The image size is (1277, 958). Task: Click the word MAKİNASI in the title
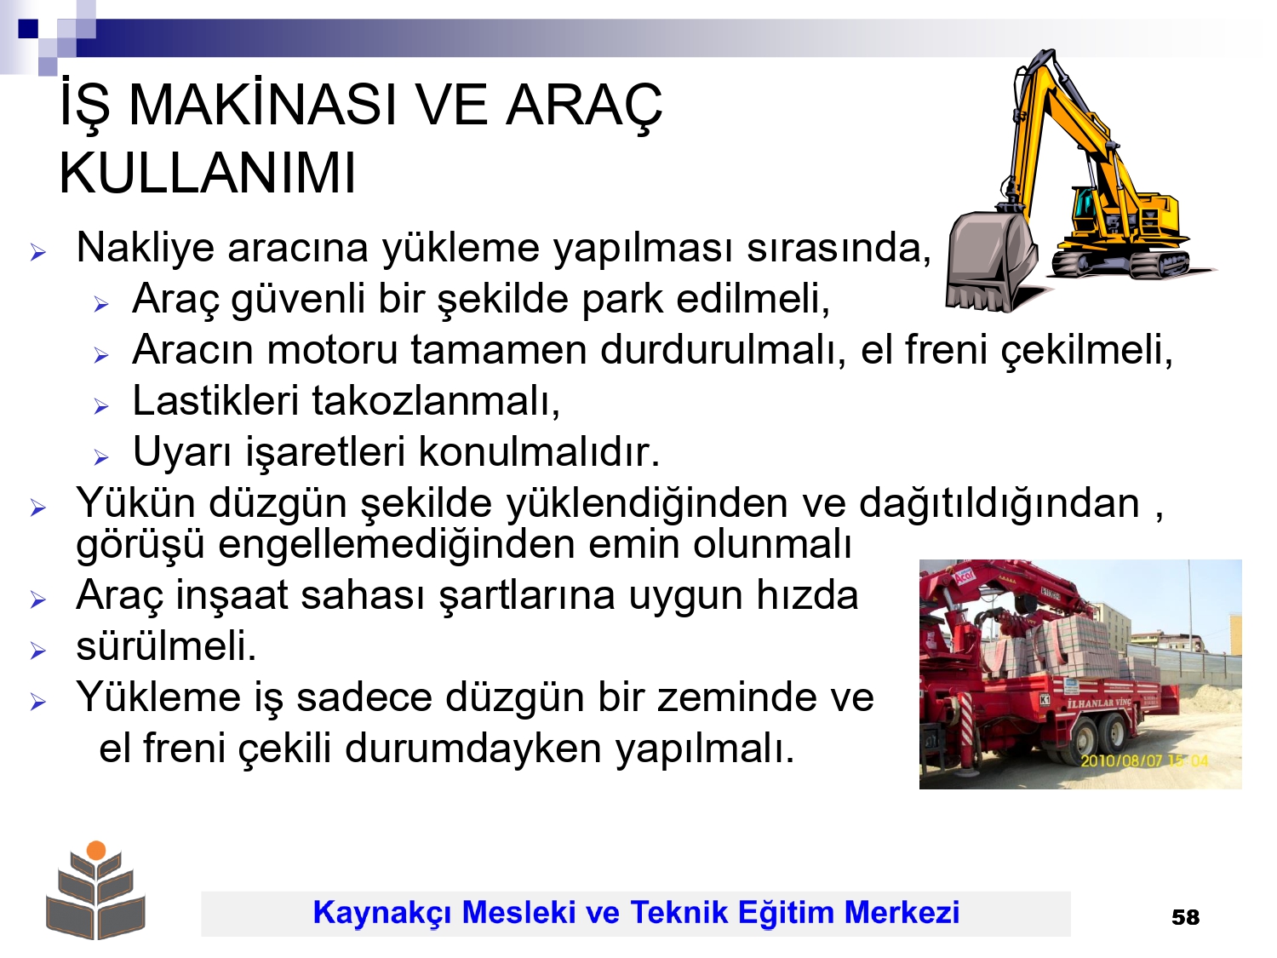(x=263, y=106)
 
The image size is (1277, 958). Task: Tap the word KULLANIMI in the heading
(x=208, y=174)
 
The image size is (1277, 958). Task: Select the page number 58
(x=1186, y=918)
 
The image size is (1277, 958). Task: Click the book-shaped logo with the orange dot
(x=96, y=890)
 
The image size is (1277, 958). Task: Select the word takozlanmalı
(x=436, y=401)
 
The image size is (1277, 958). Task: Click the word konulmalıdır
(x=539, y=452)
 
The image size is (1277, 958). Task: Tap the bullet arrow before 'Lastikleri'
(x=101, y=406)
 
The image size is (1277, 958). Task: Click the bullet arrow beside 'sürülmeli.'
(x=37, y=651)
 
